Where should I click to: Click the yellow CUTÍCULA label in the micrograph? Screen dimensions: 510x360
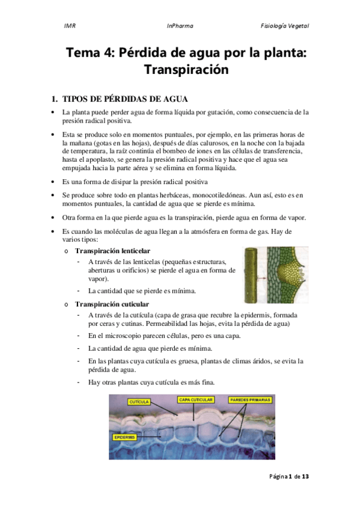(140, 401)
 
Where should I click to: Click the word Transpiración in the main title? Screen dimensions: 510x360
(186, 69)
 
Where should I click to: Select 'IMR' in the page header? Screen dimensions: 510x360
(69, 26)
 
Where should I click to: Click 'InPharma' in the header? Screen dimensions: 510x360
(180, 26)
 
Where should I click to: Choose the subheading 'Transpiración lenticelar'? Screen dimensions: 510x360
(112, 250)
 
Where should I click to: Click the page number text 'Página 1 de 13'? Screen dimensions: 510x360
(288, 476)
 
